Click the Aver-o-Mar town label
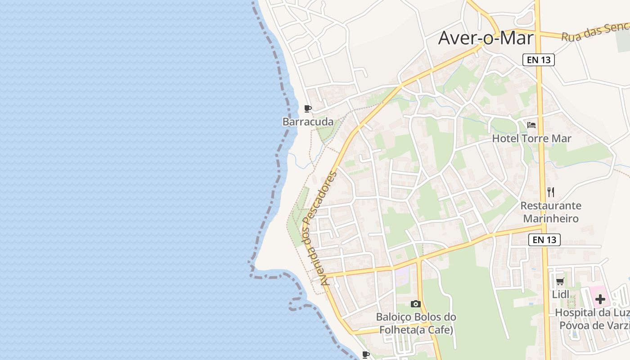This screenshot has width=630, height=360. point(486,38)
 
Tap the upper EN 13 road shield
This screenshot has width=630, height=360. point(538,60)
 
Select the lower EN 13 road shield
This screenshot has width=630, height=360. point(544,240)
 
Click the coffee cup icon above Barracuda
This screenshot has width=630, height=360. point(308,108)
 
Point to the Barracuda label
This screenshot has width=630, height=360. point(308,122)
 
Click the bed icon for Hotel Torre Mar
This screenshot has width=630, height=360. point(531,125)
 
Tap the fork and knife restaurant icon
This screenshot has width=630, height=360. point(551,192)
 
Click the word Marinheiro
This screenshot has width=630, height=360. point(550,219)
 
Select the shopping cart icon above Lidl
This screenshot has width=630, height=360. point(560,282)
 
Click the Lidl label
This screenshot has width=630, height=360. point(561,294)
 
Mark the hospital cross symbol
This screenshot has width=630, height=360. point(600,299)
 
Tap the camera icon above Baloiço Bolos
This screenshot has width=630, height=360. point(416,304)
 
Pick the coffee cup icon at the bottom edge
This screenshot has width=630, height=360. point(366,355)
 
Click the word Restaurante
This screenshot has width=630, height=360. point(551,206)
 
